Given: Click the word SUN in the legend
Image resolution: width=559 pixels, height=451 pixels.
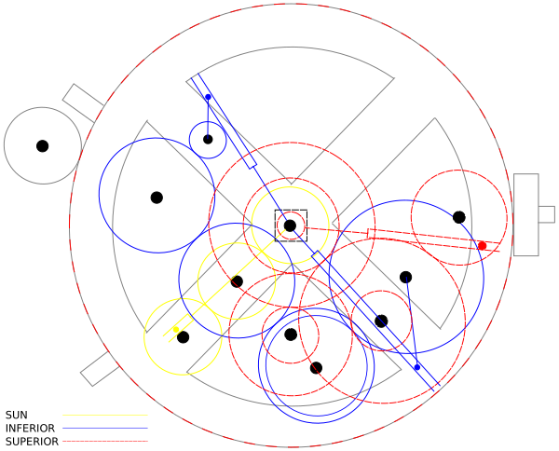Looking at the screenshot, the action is pos(17,415).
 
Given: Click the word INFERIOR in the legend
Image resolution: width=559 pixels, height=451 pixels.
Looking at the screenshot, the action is pos(30,429).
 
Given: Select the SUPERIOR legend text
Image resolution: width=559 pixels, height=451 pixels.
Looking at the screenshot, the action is pos(32,442).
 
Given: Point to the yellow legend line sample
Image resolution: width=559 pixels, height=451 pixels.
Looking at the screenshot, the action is pos(105,415).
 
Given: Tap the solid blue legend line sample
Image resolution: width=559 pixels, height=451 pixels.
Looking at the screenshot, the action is pos(105,429).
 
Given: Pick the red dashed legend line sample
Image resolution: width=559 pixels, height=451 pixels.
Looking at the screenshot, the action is pos(105,442).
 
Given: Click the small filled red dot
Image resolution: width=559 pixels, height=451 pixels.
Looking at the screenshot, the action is pos(482,246).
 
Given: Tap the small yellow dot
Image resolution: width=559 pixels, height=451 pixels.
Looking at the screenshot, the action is pos(176,330).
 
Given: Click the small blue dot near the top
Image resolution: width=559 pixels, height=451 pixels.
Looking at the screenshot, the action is pos(208,97).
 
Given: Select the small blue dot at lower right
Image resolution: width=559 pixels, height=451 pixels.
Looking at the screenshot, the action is pos(417,367).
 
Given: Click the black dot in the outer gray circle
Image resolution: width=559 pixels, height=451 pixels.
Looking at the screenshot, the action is pos(43,145).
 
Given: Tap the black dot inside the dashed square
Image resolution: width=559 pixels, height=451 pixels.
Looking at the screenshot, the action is pos(290,225).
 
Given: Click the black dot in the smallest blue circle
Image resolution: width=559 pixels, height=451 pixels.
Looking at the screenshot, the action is pos(208,140).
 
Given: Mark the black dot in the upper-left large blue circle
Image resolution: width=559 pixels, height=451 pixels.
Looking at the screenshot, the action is pos(157,198).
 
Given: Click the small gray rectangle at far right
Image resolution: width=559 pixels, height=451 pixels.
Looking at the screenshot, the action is pos(547,214).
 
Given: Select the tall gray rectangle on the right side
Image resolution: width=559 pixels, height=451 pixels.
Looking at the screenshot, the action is pos(526,214).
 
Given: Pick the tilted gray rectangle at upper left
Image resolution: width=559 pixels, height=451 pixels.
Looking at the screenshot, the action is pos(83,103).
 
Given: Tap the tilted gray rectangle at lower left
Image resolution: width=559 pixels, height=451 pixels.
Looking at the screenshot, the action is pos(100,369).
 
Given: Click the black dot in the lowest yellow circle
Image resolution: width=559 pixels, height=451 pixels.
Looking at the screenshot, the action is pos(183,337).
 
